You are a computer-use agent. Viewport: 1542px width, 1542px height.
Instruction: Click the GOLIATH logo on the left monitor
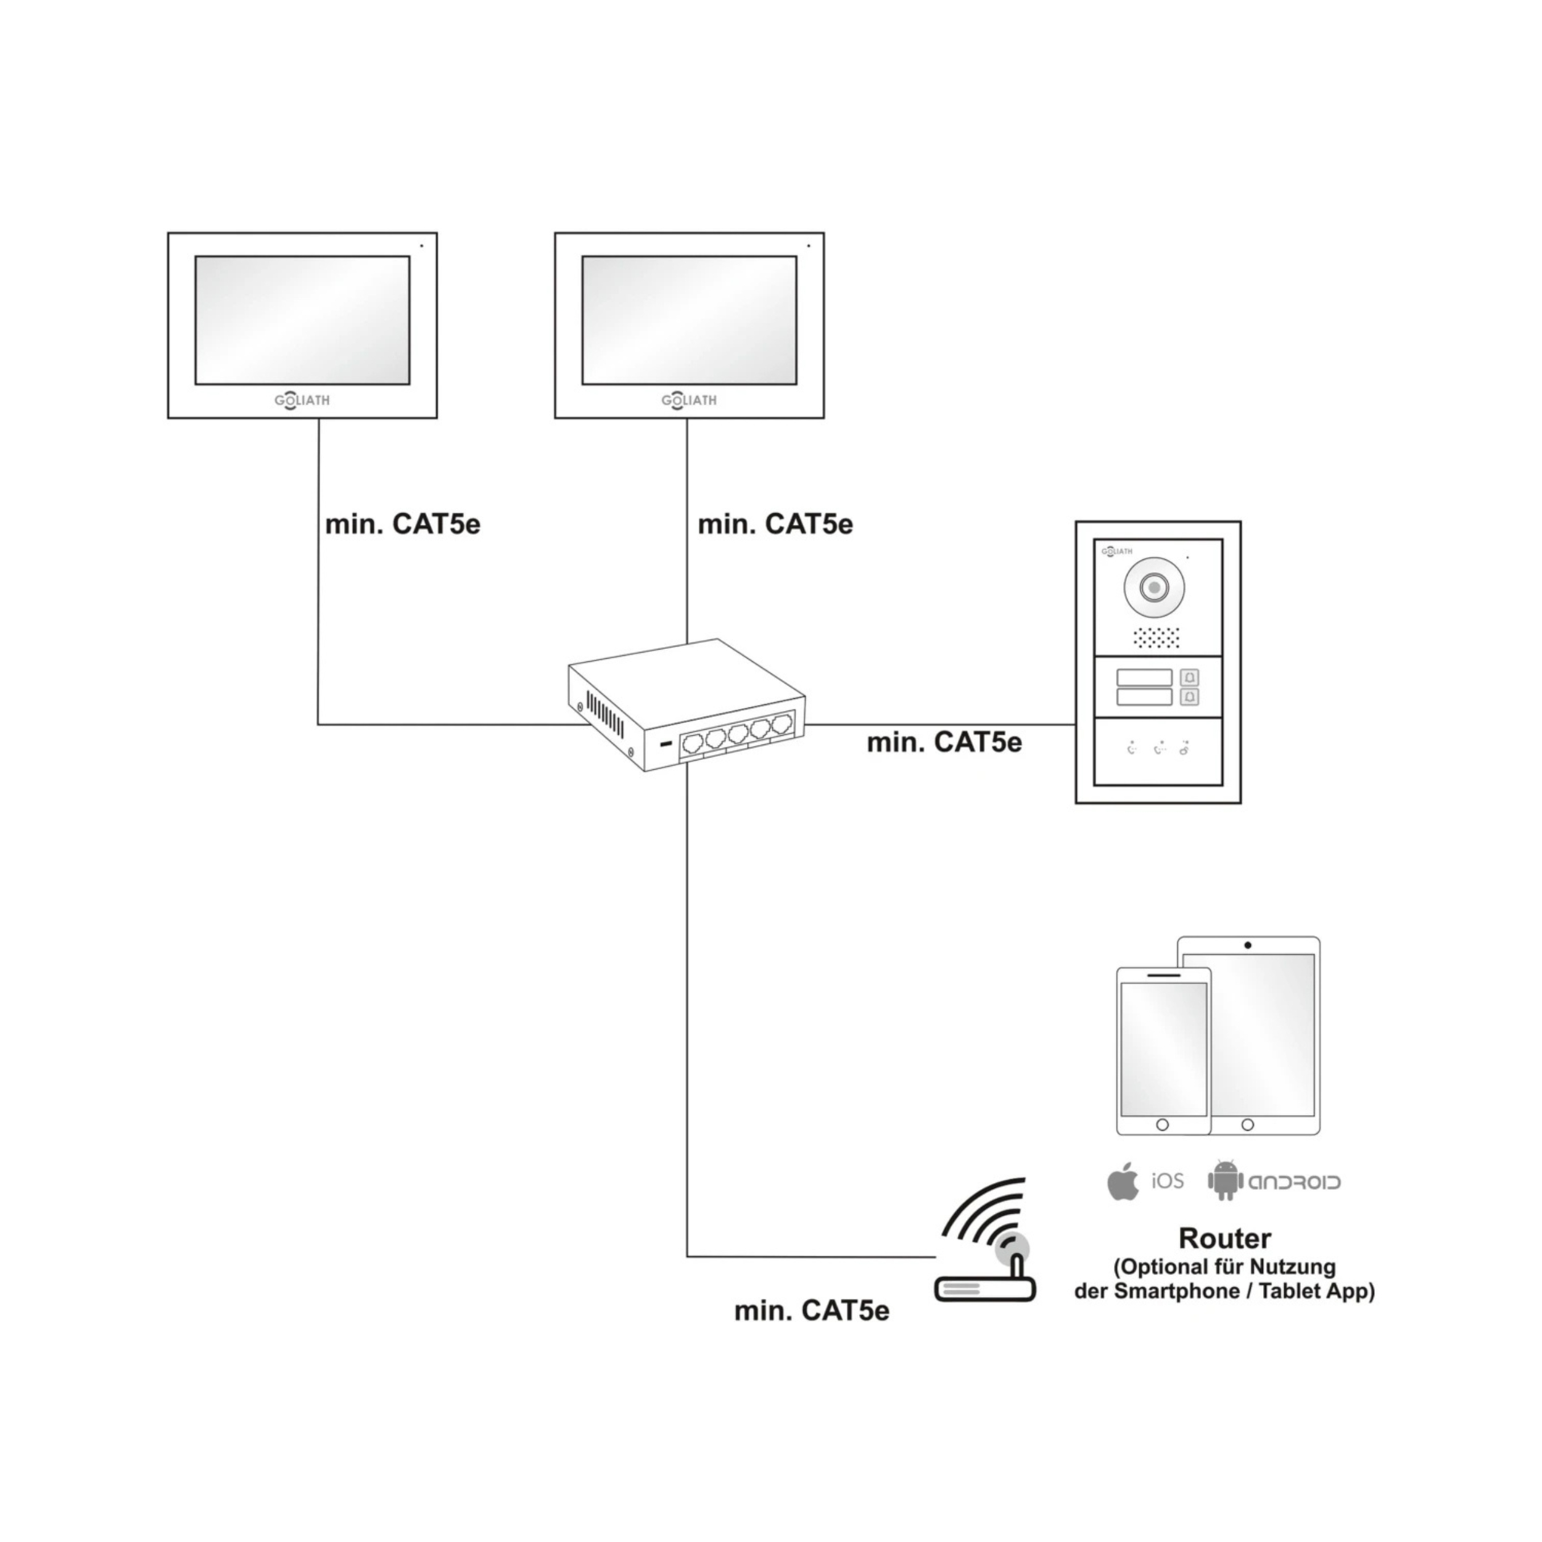pyautogui.click(x=302, y=401)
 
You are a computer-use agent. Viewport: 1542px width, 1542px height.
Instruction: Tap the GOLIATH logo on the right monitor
pyautogui.click(x=689, y=401)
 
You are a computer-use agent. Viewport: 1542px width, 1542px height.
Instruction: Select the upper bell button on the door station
pyautogui.click(x=1189, y=678)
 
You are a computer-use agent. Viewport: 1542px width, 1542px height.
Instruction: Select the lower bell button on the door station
pyautogui.click(x=1189, y=697)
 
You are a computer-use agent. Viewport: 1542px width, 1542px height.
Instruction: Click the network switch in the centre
pyautogui.click(x=687, y=706)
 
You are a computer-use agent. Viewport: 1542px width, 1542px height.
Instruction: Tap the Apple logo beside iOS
pyautogui.click(x=1124, y=1182)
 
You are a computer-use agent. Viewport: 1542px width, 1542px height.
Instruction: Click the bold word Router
pyautogui.click(x=1224, y=1239)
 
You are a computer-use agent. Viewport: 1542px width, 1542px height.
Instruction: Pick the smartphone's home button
pyautogui.click(x=1162, y=1124)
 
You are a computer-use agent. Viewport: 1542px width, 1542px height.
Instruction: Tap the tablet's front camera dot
pyautogui.click(x=1248, y=946)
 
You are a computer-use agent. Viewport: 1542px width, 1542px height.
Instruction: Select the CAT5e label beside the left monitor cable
pyautogui.click(x=402, y=524)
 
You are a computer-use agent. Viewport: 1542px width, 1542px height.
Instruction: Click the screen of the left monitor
pyautogui.click(x=302, y=320)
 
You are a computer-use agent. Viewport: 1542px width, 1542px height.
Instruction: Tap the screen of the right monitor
pyautogui.click(x=689, y=320)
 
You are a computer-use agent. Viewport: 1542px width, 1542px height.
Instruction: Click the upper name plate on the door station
pyautogui.click(x=1144, y=678)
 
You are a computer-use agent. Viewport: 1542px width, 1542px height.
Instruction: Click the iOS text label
pyautogui.click(x=1167, y=1181)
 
